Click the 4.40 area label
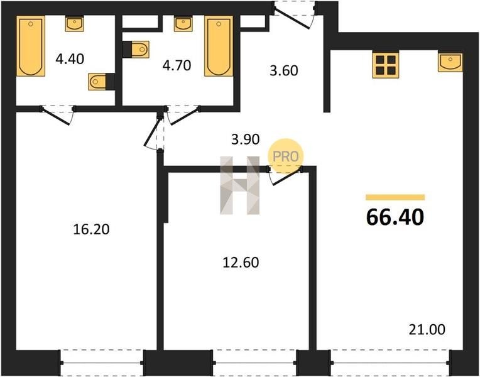click(70, 58)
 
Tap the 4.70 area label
click(177, 65)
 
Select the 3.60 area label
click(284, 70)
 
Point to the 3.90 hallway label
click(245, 139)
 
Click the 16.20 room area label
click(91, 229)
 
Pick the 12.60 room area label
click(241, 263)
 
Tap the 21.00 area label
click(427, 330)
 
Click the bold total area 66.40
click(395, 217)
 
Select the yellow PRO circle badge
click(286, 156)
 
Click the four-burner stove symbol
click(386, 65)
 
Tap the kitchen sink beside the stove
click(450, 62)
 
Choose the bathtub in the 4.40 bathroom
click(31, 46)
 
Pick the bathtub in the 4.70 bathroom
click(219, 46)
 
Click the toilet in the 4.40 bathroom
click(101, 82)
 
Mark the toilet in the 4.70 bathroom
click(136, 49)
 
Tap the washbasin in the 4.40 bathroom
click(74, 25)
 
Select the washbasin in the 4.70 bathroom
click(183, 25)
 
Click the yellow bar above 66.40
click(395, 197)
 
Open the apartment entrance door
click(295, 15)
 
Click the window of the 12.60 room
click(254, 363)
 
